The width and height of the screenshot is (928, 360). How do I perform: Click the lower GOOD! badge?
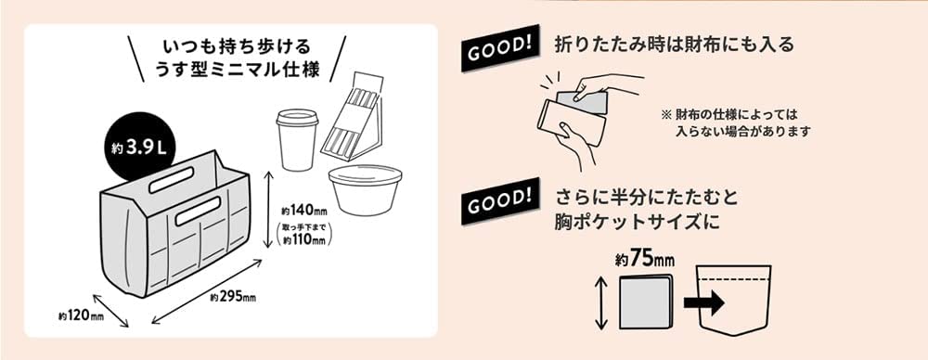tap(499, 198)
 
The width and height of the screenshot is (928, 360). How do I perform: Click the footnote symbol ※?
tap(665, 115)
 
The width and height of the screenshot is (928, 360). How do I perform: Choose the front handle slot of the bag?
tap(207, 215)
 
